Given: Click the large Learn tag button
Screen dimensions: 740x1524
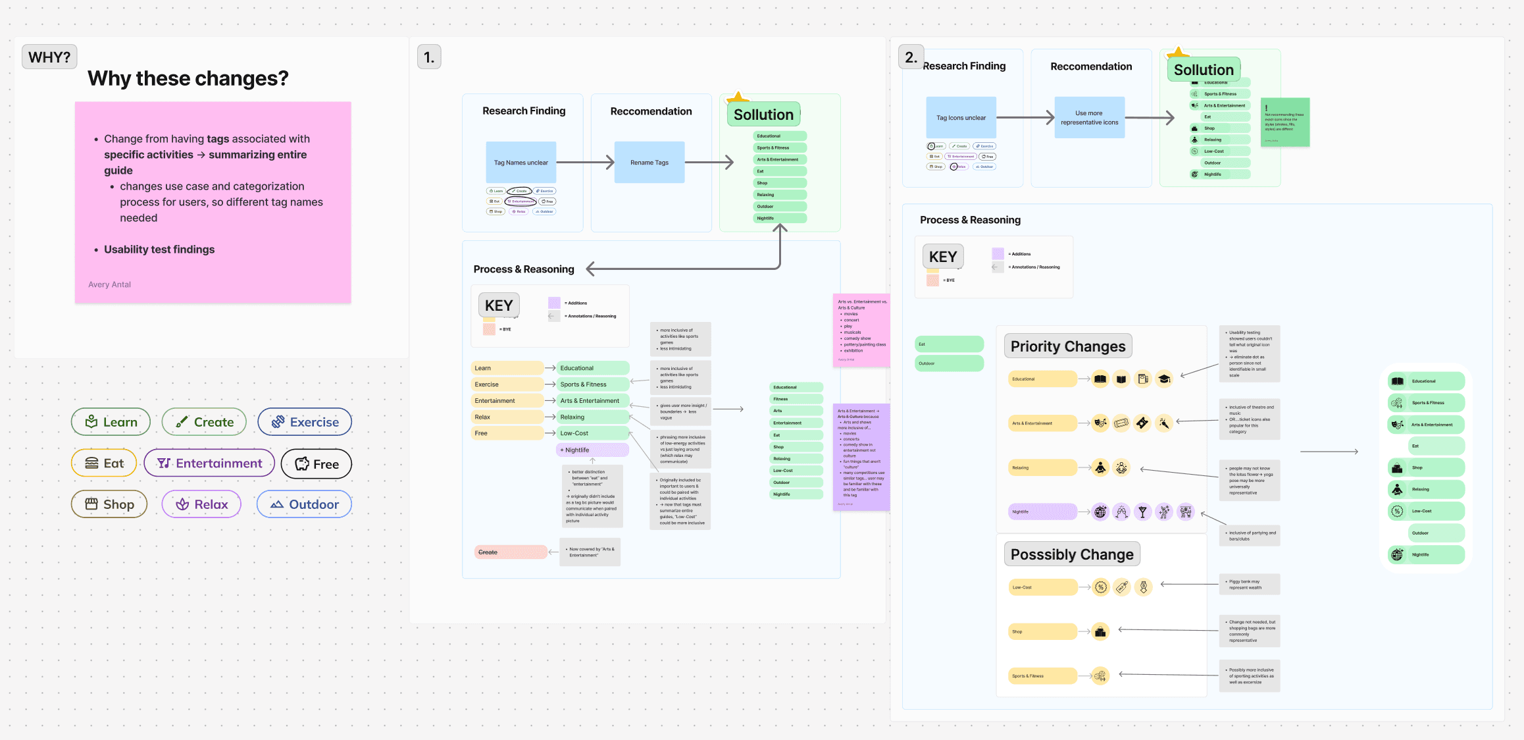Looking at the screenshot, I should point(111,422).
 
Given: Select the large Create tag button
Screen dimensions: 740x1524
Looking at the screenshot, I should point(204,422).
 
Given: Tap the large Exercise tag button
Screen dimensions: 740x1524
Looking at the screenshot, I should point(305,422).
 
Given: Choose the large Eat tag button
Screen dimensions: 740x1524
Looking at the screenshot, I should point(104,463).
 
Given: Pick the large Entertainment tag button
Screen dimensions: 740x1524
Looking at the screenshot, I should point(209,463).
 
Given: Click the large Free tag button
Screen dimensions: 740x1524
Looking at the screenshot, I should point(317,464).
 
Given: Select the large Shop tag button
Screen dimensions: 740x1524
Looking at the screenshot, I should point(109,504).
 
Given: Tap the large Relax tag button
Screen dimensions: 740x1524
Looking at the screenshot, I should point(201,504).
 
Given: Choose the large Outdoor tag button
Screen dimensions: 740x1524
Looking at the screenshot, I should point(304,504).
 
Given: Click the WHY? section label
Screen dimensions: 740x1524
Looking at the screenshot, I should point(49,57).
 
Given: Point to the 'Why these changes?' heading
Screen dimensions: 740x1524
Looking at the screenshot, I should point(188,78).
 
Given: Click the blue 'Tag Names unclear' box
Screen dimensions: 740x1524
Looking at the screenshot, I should point(521,163).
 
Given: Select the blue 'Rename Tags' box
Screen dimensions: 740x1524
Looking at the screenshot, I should point(649,163).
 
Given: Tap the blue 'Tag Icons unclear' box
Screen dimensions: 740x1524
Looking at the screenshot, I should point(961,118).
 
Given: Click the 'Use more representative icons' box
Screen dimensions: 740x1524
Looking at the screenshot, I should point(1090,118).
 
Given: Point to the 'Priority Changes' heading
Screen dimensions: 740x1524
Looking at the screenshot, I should point(1068,346).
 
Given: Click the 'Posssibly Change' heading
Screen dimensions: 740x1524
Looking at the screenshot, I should point(1072,554).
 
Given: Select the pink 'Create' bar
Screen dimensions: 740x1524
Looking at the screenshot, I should point(511,552).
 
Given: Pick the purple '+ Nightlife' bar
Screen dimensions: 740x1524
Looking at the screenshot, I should point(592,450).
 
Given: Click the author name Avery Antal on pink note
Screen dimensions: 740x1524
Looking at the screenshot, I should point(110,284).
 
